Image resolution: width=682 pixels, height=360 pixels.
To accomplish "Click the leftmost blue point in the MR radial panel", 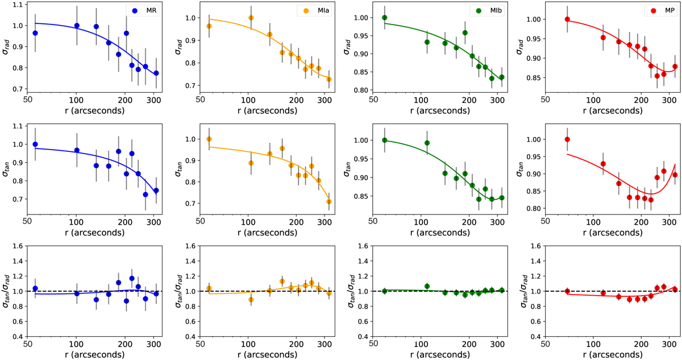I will pos(35,33).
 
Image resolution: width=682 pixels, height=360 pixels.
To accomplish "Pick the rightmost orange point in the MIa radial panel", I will pos(328,79).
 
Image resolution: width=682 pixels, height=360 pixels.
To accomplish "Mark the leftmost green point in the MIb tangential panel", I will pos(384,140).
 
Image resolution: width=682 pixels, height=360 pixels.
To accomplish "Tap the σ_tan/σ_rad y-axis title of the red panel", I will pos(522,292).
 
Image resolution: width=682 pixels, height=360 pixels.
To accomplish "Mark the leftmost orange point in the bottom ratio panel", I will pos(209,288).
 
